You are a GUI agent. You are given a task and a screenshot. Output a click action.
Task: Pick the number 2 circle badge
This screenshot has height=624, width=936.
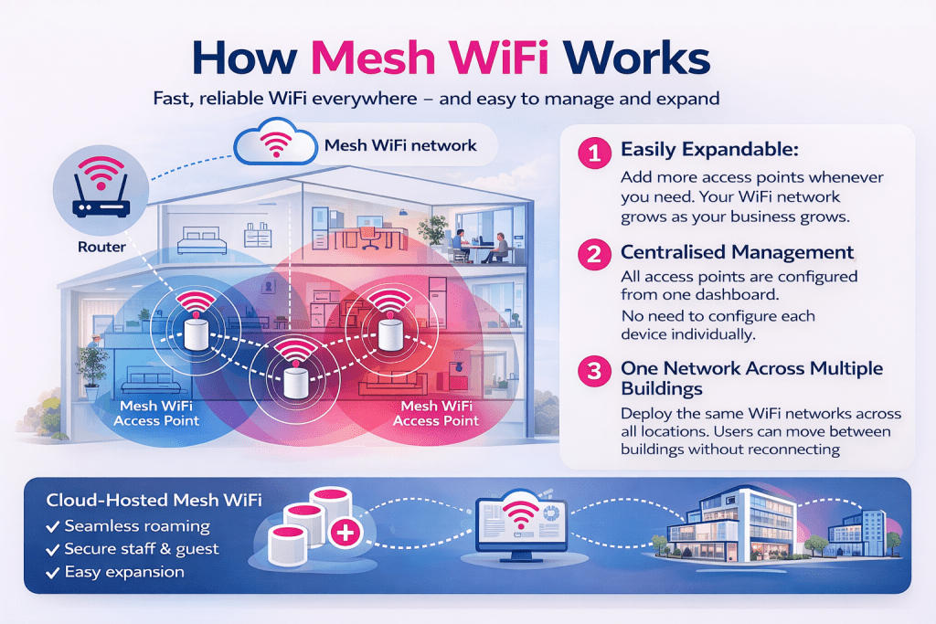[594, 254]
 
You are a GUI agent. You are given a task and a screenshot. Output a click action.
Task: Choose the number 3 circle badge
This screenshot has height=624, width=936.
[594, 370]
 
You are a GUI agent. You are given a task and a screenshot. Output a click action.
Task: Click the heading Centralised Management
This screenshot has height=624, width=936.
[737, 252]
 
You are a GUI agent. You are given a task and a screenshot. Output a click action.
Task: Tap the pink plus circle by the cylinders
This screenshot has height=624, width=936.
[346, 533]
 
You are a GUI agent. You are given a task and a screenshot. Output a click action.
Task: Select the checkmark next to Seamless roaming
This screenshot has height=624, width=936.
[52, 526]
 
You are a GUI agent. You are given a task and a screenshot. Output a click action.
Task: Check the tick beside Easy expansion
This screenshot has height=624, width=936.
[52, 572]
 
